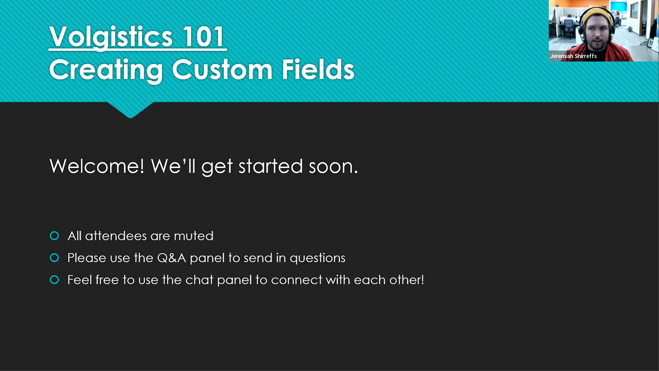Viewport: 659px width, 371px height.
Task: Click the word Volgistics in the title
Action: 111,37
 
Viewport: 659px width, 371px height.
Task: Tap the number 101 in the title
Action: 204,36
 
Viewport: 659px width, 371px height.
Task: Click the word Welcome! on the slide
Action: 97,166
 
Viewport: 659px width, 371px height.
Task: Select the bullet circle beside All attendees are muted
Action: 54,236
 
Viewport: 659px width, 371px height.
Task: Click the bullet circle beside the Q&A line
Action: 54,258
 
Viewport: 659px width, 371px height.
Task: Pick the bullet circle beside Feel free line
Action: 54,280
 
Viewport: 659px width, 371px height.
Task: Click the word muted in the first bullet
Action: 194,236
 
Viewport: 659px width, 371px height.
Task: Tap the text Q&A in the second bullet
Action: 171,258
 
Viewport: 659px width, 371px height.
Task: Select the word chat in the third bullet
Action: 199,280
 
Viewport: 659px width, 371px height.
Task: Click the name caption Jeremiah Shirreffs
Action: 573,56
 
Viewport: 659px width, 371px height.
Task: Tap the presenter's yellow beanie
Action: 597,15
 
